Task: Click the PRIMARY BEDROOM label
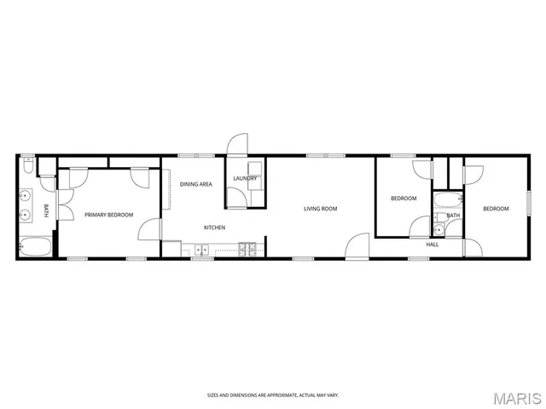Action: tap(108, 215)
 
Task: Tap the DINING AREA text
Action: tap(196, 183)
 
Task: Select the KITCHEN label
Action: tap(214, 228)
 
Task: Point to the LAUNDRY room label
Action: tap(245, 178)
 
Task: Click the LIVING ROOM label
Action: tap(321, 209)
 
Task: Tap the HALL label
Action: tap(433, 245)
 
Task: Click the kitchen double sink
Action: tap(202, 249)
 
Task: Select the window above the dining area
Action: tap(190, 155)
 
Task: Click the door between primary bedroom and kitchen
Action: tap(151, 229)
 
